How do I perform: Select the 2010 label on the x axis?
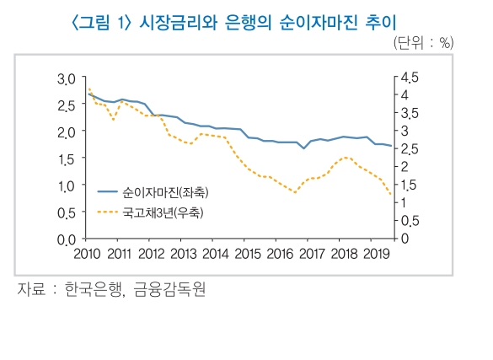click(87, 254)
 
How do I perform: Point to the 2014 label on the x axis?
click(215, 254)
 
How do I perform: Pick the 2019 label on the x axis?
click(375, 254)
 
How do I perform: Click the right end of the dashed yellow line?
click(391, 196)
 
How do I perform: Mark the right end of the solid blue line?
click(391, 147)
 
